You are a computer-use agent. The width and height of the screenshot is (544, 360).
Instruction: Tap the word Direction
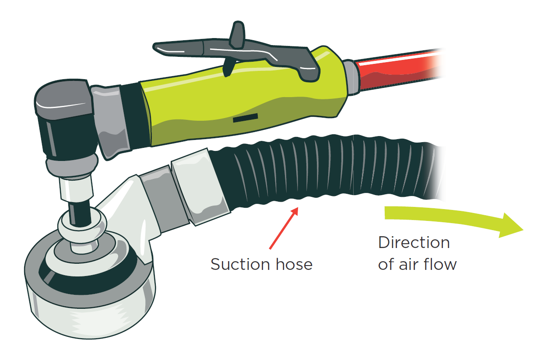click(x=414, y=242)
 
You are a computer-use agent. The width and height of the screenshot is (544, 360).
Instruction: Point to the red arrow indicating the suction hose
click(x=283, y=228)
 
